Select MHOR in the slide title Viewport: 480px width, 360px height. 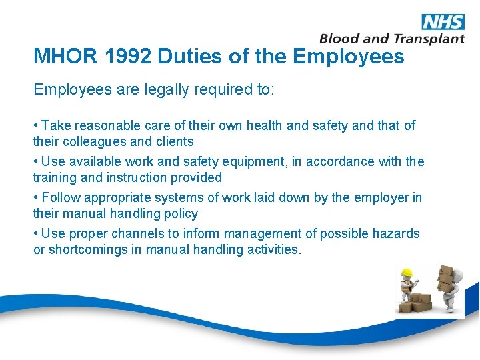pos(59,56)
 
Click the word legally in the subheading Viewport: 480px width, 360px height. pos(167,90)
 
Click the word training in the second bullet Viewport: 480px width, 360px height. pos(53,177)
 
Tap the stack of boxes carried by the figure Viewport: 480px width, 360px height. pos(445,277)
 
